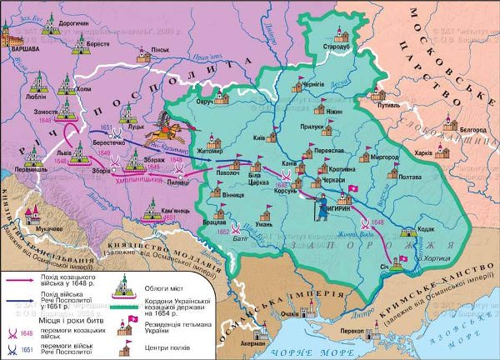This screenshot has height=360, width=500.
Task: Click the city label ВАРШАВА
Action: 22,49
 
